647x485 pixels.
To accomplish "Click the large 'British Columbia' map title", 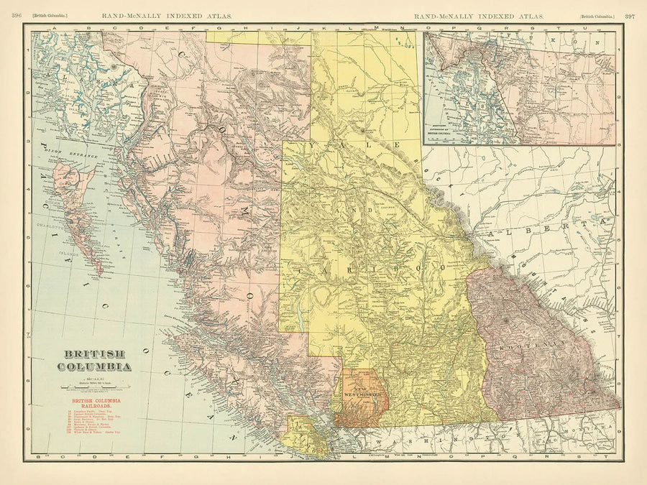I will pos(97,359).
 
